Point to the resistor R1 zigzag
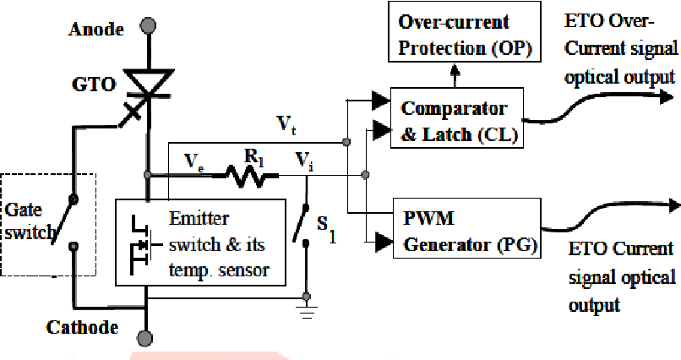point(250,176)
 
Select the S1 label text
point(327,230)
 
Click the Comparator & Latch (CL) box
point(455,120)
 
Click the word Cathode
point(82,326)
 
